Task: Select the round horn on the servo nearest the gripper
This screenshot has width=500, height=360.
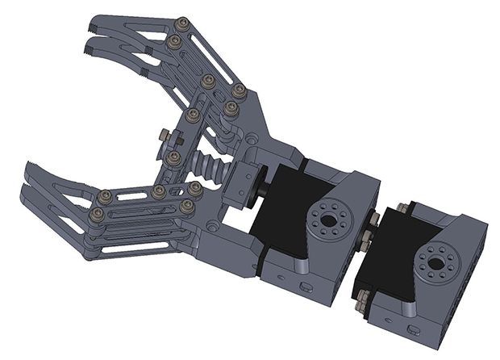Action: click(327, 217)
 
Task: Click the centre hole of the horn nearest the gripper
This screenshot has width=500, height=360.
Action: click(327, 217)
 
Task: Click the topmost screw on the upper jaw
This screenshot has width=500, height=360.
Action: click(181, 23)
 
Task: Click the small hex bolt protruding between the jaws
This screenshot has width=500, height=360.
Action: click(163, 134)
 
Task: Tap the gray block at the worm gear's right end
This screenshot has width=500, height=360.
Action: click(243, 181)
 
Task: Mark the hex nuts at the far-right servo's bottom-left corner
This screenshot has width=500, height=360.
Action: click(363, 298)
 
